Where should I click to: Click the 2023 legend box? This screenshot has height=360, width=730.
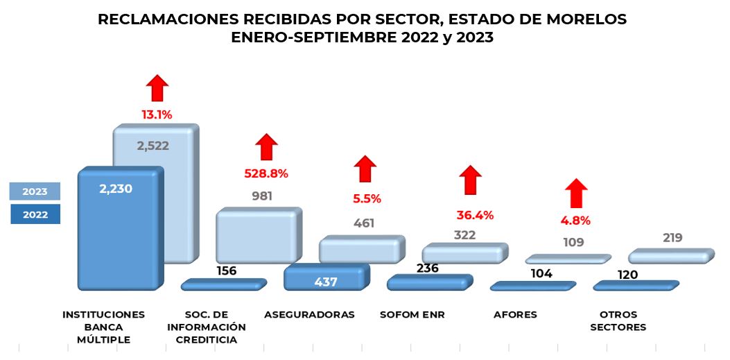[x=35, y=191]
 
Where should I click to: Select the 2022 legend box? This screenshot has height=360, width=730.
[x=35, y=214]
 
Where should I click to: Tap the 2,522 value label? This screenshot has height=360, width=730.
[x=153, y=146]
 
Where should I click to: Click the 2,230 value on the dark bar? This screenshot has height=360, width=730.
[x=115, y=188]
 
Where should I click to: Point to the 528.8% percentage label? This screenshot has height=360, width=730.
[x=266, y=173]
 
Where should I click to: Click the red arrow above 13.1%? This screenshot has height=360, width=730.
[x=157, y=88]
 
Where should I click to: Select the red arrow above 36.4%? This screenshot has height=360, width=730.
[x=471, y=180]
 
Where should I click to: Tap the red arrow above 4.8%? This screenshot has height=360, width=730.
[x=575, y=193]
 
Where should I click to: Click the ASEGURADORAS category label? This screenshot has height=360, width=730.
[x=309, y=315]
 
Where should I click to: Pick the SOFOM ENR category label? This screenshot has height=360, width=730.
[x=412, y=315]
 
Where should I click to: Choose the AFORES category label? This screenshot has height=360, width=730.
[x=515, y=315]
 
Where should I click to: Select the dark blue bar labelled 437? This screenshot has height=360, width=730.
[x=324, y=277]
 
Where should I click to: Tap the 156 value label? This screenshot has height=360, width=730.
[x=226, y=271]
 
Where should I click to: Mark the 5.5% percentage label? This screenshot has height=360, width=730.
[x=367, y=198]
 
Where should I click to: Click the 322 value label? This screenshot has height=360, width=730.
[x=464, y=235]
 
